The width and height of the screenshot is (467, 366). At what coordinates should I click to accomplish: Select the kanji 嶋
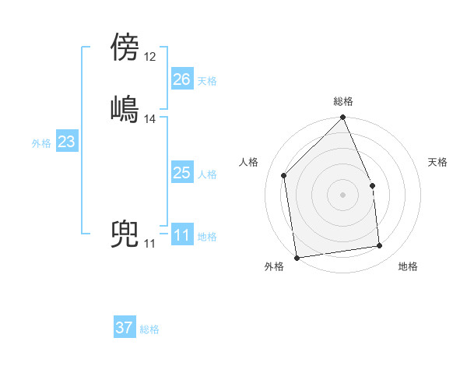pos(125,108)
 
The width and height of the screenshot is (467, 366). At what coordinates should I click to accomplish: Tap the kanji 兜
pos(125,235)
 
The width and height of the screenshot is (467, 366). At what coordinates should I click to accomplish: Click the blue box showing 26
pos(182,79)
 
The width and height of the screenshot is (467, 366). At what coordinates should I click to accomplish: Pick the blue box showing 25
pos(182,173)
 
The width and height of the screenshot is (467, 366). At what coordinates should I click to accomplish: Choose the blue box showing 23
pos(66,143)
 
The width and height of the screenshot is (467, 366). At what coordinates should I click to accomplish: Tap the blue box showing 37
pos(125,328)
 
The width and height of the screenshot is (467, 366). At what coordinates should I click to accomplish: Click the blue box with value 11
pos(182,236)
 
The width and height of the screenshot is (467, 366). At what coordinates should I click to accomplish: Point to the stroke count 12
pos(150,57)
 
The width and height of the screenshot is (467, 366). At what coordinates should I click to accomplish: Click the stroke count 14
pos(150,119)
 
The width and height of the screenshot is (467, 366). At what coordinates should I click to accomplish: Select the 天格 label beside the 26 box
pos(207,81)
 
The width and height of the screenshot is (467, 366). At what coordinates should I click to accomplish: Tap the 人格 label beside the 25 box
pos(207,174)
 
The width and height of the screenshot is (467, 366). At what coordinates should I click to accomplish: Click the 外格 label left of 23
pos(41,143)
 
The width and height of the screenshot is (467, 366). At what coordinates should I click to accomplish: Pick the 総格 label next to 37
pos(149,329)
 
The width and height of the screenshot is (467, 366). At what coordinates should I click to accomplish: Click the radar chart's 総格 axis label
pos(343,101)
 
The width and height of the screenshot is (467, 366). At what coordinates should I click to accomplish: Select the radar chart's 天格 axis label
pos(437,162)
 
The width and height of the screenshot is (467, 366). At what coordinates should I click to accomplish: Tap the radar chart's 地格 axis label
pos(408,266)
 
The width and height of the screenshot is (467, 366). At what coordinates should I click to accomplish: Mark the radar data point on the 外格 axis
pos(297,258)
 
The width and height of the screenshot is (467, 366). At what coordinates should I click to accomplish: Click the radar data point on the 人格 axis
pos(284,175)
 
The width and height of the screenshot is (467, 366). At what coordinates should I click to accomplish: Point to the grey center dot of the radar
pos(342,194)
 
